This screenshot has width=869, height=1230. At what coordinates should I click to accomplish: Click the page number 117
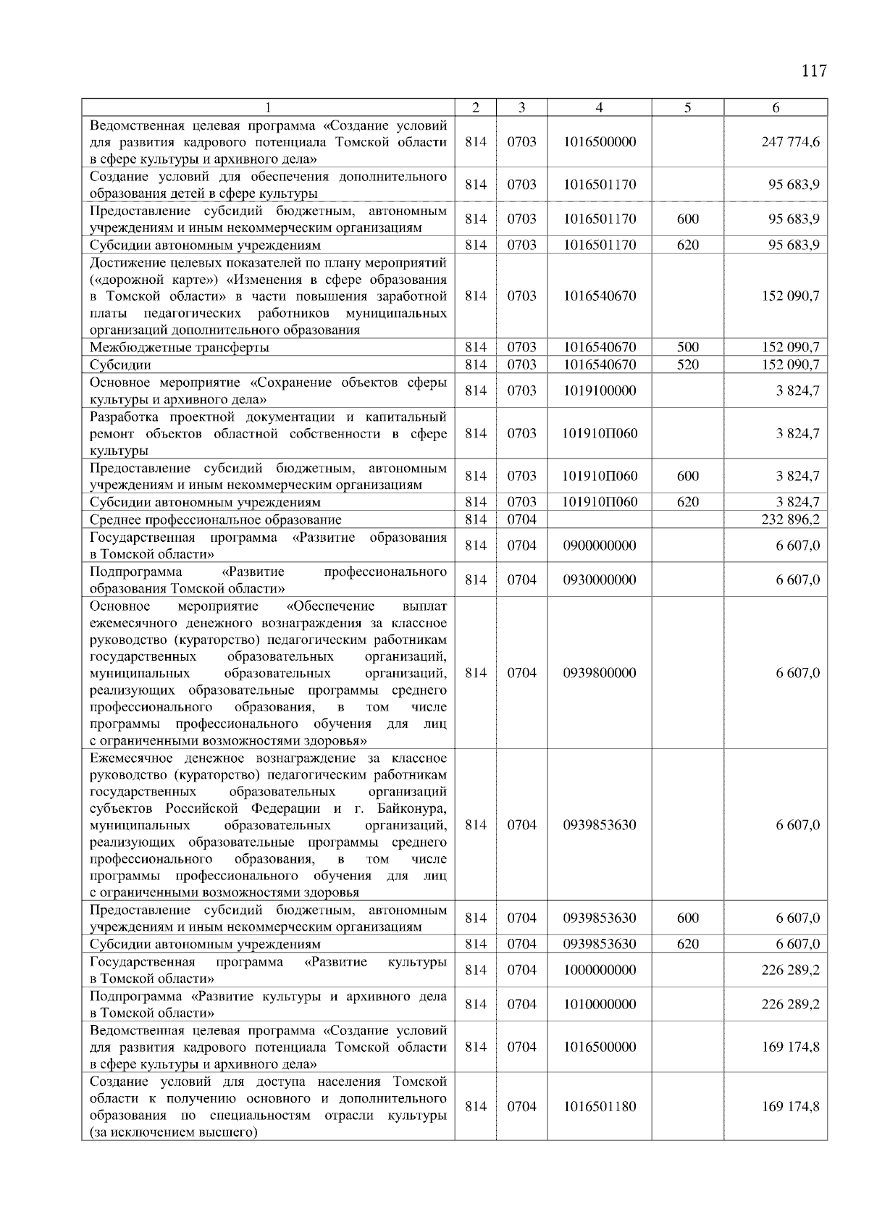pyautogui.click(x=813, y=71)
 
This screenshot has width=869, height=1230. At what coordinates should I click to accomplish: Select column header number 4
pyautogui.click(x=599, y=107)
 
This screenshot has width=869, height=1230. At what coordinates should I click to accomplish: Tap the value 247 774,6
pyautogui.click(x=790, y=142)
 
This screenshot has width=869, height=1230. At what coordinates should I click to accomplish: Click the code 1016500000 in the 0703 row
pyautogui.click(x=599, y=142)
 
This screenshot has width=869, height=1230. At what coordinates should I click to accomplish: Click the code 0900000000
pyautogui.click(x=599, y=545)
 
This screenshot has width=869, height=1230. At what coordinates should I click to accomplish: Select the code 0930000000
pyautogui.click(x=599, y=580)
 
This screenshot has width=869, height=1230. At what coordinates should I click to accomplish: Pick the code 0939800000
pyautogui.click(x=599, y=673)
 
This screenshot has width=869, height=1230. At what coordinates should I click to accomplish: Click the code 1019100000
pyautogui.click(x=599, y=390)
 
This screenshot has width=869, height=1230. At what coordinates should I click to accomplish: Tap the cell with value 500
pyautogui.click(x=687, y=347)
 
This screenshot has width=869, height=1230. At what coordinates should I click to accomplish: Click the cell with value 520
pyautogui.click(x=687, y=364)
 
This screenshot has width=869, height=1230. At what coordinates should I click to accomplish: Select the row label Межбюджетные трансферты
pyautogui.click(x=179, y=348)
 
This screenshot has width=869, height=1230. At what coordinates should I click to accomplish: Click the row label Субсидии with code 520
pyautogui.click(x=120, y=365)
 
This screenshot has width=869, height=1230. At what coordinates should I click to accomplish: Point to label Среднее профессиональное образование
pyautogui.click(x=215, y=520)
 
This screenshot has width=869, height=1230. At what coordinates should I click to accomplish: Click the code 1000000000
pyautogui.click(x=599, y=970)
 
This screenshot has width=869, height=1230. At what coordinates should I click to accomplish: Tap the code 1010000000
pyautogui.click(x=599, y=1004)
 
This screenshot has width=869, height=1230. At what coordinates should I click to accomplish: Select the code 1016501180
pyautogui.click(x=599, y=1107)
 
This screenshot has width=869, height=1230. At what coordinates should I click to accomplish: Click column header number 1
pyautogui.click(x=268, y=107)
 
